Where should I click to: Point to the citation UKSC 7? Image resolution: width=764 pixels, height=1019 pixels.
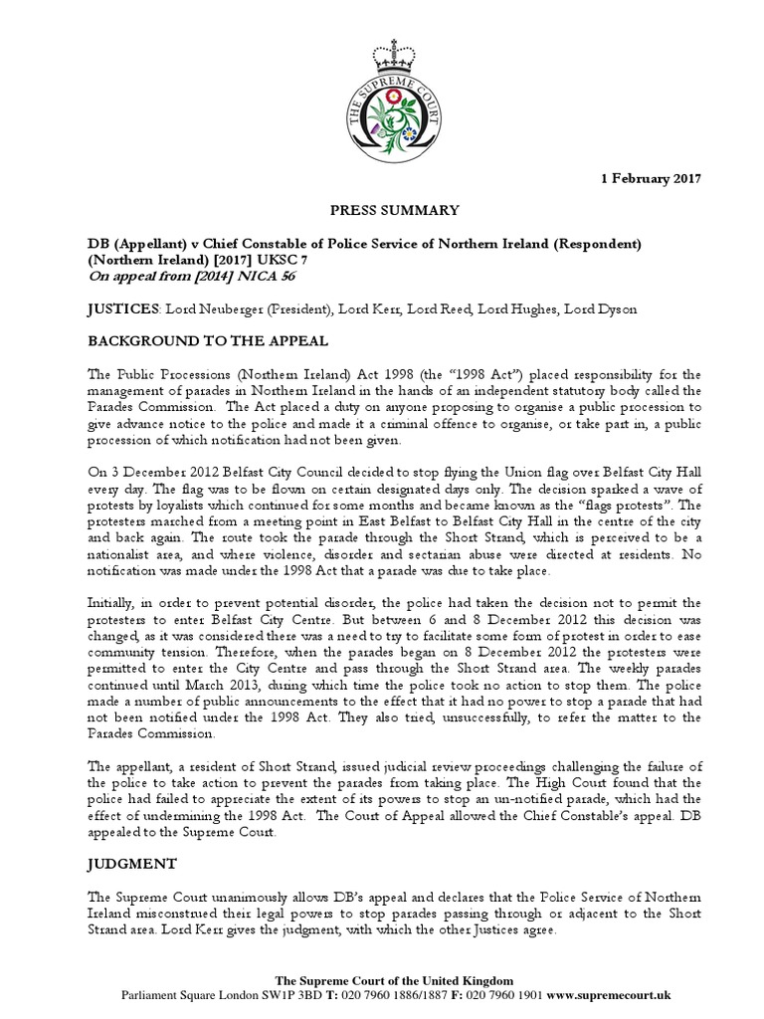307,259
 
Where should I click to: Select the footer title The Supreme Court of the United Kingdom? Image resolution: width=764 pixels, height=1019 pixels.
381,979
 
